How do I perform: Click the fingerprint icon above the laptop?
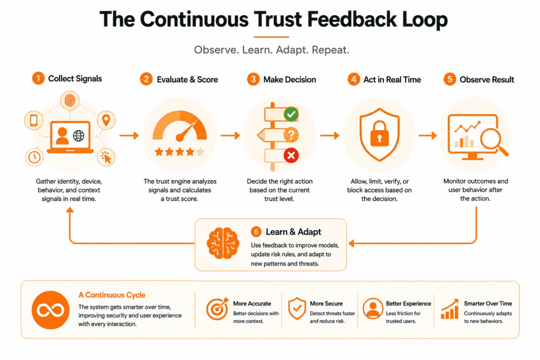coord(70,101)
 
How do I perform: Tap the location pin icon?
coord(106,120)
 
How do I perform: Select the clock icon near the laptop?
coord(34,157)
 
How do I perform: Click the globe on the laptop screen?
coord(79,136)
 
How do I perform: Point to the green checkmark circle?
coord(291,114)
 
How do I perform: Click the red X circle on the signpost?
coord(291,155)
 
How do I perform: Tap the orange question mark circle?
coord(291,134)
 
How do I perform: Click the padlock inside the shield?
coord(380,134)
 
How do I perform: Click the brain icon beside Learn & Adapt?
coord(223,244)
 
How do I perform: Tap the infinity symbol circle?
coord(50,310)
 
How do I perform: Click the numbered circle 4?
coord(353,80)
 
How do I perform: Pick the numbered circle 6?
coord(256,231)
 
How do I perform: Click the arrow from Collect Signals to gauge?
coord(129,135)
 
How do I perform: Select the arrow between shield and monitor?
coord(428,135)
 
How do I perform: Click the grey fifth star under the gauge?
coord(200,151)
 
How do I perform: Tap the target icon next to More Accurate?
coord(217,308)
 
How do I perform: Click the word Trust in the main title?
coord(278,19)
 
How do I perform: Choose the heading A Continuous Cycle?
coord(112,295)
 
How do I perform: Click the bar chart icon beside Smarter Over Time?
coord(450,309)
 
